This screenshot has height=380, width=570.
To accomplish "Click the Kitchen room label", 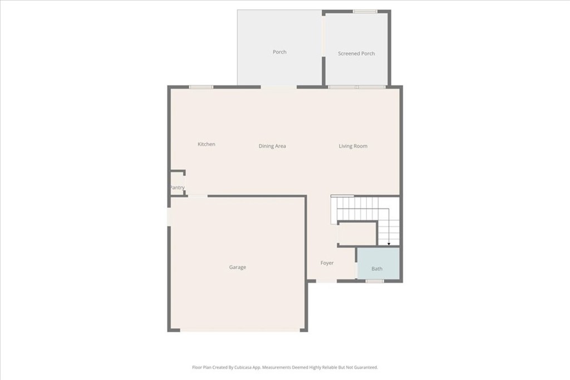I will point(207,145).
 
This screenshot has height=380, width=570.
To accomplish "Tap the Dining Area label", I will point(272,146).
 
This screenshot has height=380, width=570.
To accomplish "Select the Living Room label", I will point(353,146).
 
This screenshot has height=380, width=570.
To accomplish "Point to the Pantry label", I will point(177,188).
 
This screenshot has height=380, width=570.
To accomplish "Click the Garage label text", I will point(238,268).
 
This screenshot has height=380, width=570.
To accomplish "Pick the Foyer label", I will point(327,263).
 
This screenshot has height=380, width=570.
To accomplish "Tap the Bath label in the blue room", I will point(377,269).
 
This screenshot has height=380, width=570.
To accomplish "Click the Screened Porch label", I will point(356,54).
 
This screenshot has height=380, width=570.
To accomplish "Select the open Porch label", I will point(279,52).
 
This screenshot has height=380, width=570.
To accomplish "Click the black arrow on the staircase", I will point(389,243).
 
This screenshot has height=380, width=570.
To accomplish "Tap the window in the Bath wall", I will point(375,281).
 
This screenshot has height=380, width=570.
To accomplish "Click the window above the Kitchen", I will point(201,87).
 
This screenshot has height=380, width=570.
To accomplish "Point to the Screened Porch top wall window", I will point(365,11).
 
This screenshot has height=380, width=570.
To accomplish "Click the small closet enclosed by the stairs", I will point(357,234).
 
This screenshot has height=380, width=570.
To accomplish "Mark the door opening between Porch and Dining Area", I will point(278,87).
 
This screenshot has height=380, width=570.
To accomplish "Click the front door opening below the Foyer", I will point(326,280).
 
